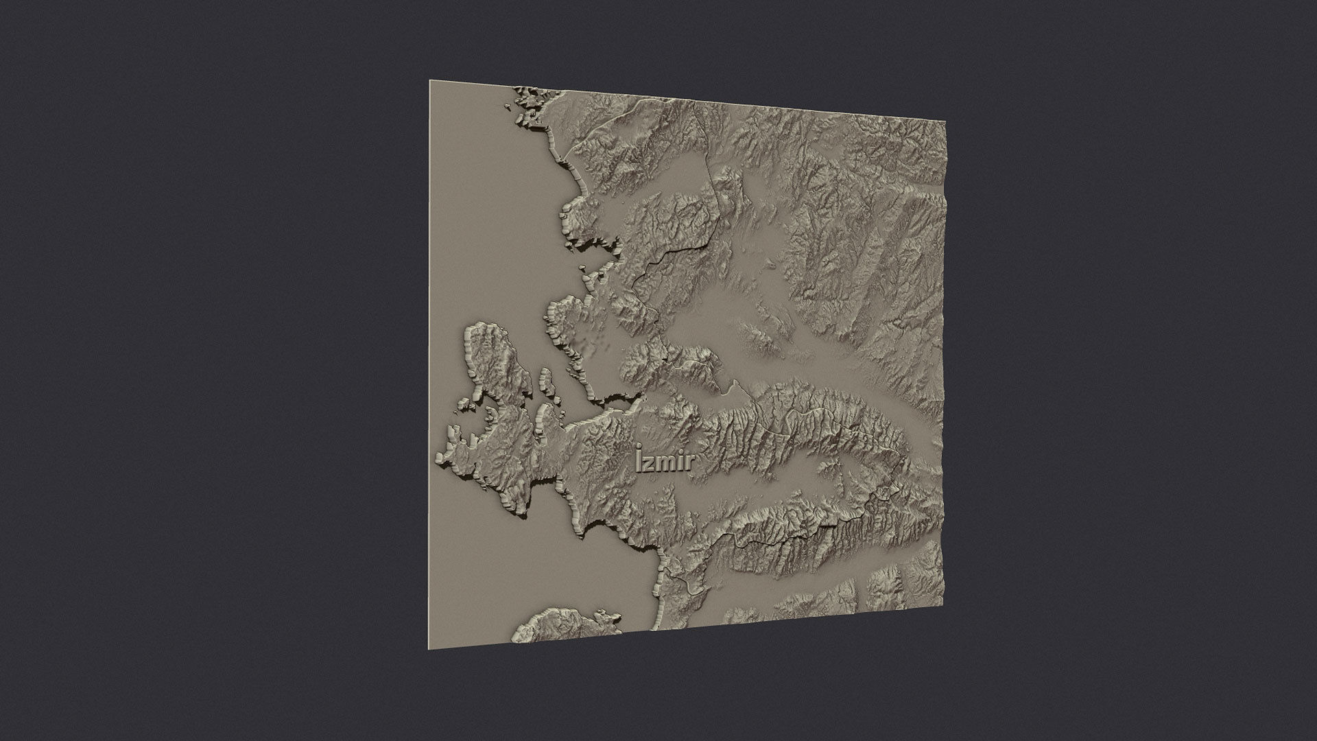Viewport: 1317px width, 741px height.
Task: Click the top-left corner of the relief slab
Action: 431,81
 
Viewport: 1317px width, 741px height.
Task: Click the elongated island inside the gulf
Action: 545,380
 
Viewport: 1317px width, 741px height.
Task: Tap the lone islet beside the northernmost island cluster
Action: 508,106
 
